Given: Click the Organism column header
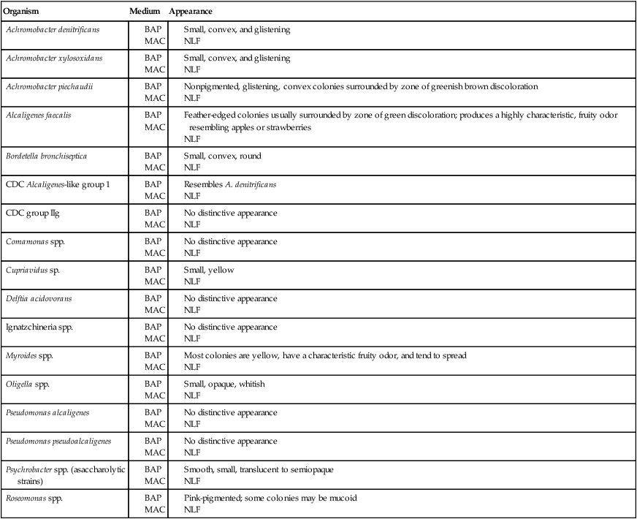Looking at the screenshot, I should pos(22,12).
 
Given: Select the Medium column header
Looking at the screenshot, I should pos(144,12).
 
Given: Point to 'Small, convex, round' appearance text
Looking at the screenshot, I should pos(222,156).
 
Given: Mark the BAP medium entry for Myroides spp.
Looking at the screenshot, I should pos(153,355).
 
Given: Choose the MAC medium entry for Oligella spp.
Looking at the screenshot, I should pos(154,395).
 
